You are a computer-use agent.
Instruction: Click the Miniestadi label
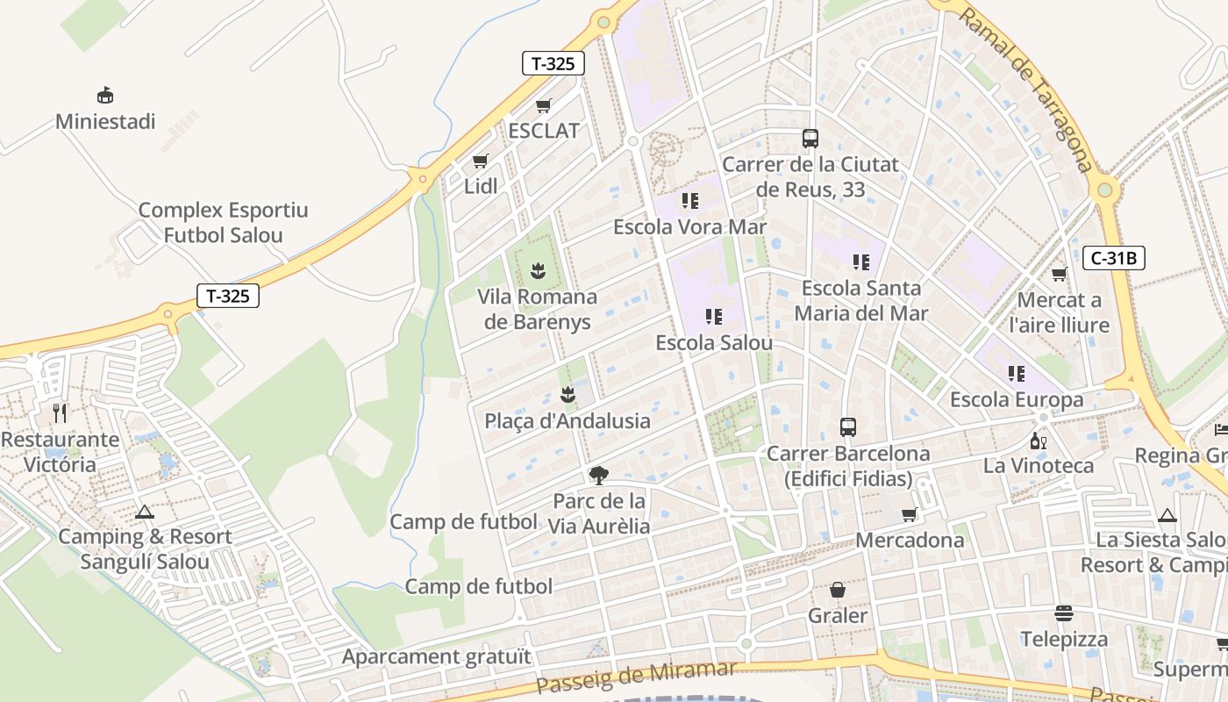105,121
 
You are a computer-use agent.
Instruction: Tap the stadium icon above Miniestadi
105,95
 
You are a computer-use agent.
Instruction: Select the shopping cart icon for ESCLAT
544,106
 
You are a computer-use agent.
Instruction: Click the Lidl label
481,186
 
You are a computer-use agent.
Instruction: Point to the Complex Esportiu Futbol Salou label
224,223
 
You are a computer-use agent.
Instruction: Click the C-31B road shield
1114,258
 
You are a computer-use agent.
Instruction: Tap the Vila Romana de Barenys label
538,309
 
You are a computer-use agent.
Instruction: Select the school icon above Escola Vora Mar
690,201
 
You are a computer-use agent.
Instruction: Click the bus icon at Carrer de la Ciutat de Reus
810,139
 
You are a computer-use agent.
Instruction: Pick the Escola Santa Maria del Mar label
861,300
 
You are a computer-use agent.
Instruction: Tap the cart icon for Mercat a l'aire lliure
1060,274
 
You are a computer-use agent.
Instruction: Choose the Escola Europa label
1017,400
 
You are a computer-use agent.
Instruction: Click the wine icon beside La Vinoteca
1039,441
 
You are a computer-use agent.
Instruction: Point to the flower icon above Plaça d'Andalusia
568,395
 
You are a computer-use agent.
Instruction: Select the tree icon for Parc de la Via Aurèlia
599,476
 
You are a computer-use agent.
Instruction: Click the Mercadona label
910,540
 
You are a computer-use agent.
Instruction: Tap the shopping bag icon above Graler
838,590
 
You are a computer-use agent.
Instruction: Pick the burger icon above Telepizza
1064,612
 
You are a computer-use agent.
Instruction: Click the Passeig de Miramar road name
636,677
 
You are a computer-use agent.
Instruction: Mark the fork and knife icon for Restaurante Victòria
60,412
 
